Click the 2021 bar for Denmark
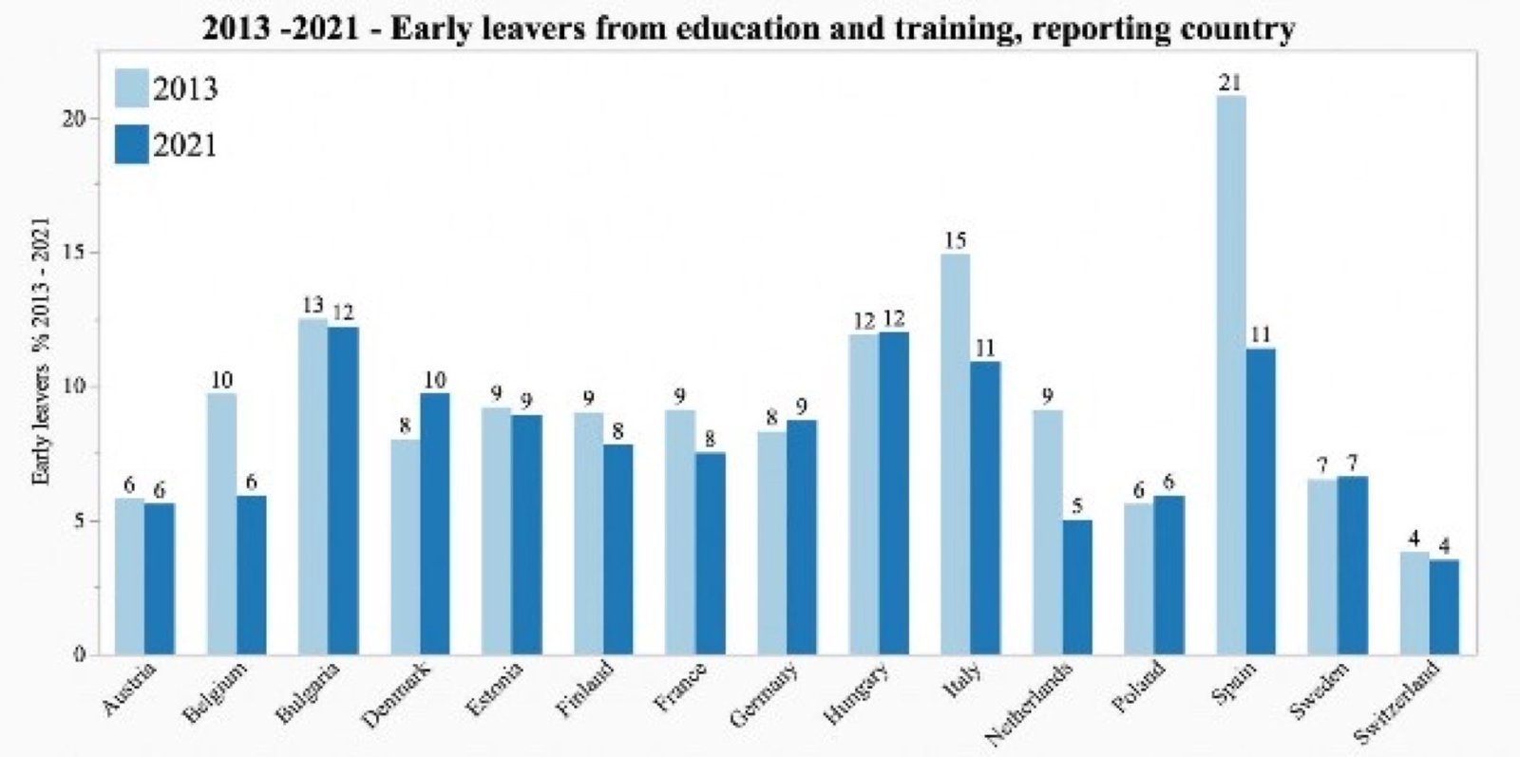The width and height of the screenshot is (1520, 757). click(x=434, y=523)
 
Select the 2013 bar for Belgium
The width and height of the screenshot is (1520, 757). click(x=221, y=523)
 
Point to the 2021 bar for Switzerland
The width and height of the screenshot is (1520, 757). click(x=1444, y=607)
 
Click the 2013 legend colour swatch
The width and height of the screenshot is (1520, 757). click(x=132, y=88)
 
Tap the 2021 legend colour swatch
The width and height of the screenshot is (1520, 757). click(x=132, y=144)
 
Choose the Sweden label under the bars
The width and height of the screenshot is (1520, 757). click(x=1319, y=691)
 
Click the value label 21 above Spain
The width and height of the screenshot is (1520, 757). click(x=1230, y=83)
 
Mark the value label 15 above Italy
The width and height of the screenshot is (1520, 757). click(x=955, y=240)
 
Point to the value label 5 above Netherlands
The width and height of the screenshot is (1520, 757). click(x=1077, y=506)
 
